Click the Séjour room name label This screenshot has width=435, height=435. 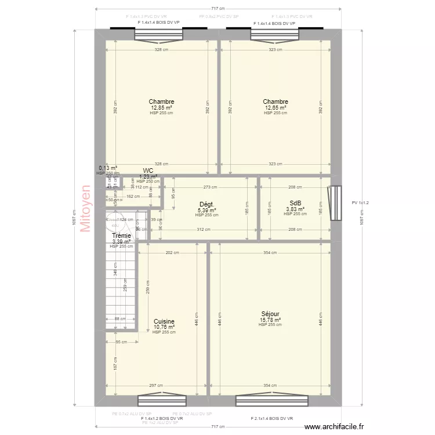[x=270, y=314]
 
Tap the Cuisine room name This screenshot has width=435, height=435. [x=164, y=321]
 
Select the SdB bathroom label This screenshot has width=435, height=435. [x=295, y=203]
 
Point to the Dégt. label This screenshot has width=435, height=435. [x=207, y=204]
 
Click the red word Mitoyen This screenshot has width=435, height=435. [x=86, y=209]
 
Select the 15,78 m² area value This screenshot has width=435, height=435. [x=270, y=320]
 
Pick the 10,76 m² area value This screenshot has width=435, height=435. [x=164, y=327]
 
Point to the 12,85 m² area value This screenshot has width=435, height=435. [x=161, y=108]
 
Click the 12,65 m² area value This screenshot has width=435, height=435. [x=275, y=108]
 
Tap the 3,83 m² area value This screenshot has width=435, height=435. [x=295, y=209]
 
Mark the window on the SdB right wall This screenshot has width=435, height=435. [x=333, y=202]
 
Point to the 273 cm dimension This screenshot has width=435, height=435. [x=210, y=187]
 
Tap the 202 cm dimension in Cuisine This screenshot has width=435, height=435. [x=172, y=252]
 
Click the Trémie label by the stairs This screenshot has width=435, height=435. [x=121, y=236]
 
